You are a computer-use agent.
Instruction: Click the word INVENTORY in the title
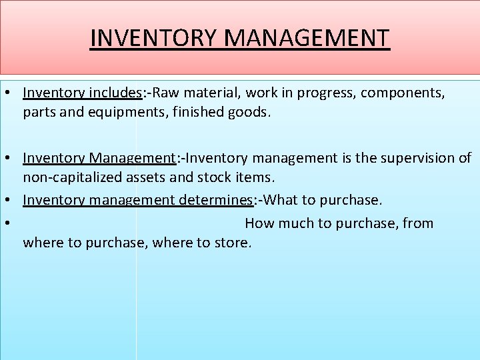pos(153,38)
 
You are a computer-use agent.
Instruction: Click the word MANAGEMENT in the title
pos(307,38)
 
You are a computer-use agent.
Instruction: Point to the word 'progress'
pos(319,93)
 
